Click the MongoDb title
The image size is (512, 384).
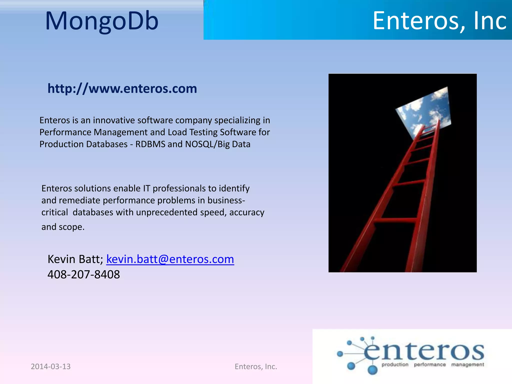click(x=102, y=21)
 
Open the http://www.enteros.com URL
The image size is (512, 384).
click(x=122, y=88)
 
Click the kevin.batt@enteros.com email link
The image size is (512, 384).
click(x=170, y=259)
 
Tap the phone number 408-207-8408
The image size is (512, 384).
click(x=84, y=274)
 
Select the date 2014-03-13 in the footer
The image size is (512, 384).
click(x=51, y=366)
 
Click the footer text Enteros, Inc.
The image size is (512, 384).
click(x=256, y=366)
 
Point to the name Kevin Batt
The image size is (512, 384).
click(x=75, y=259)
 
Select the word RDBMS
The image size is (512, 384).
click(x=150, y=144)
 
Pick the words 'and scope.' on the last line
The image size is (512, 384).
click(x=63, y=227)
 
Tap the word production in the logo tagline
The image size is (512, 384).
click(x=395, y=365)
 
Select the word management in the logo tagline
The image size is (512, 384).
click(x=467, y=365)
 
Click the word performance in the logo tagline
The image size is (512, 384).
click(x=430, y=365)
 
